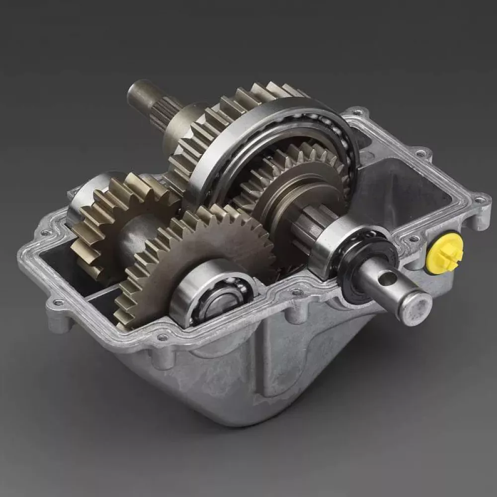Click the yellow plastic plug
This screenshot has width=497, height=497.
445,253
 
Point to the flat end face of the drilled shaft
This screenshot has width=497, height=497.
416,308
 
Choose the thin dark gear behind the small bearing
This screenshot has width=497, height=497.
199,248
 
